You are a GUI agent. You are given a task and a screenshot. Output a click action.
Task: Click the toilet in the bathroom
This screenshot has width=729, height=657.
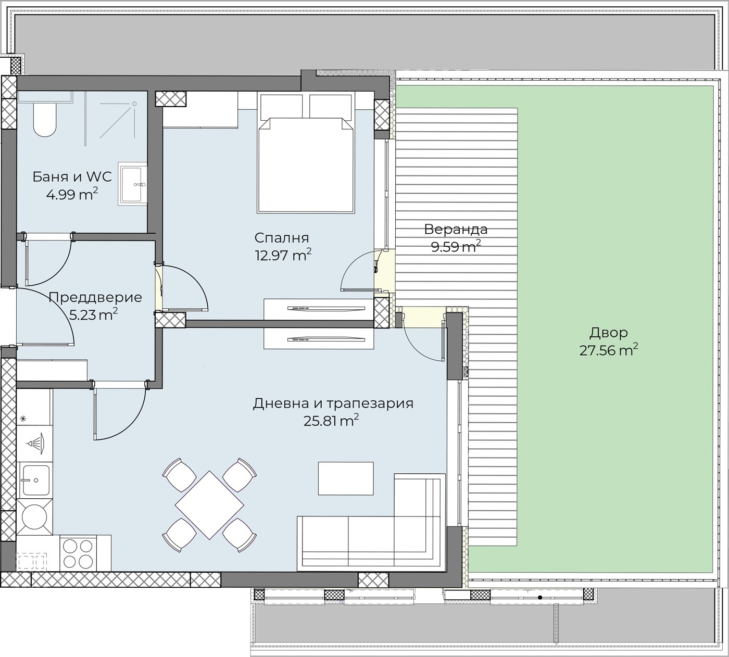(x=45, y=120)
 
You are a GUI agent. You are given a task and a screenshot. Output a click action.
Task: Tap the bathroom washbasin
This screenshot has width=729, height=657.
(x=133, y=184)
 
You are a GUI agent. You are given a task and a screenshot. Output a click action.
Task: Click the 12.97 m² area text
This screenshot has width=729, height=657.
(x=283, y=255)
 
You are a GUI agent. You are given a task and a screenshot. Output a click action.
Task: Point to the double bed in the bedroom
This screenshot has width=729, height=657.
(x=305, y=153)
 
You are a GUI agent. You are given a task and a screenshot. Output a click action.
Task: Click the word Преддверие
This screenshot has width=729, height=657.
(x=95, y=298)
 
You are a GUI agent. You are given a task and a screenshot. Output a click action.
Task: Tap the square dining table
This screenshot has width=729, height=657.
(x=209, y=505)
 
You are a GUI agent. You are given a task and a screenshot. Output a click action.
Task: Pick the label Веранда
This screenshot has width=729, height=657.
(x=456, y=230)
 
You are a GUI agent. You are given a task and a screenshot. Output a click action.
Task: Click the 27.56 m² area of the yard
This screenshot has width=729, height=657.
(x=609, y=350)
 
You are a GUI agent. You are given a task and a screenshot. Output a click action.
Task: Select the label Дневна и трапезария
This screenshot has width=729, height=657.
(x=333, y=403)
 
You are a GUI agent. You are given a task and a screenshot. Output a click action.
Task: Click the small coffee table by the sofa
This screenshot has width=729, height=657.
(x=346, y=478)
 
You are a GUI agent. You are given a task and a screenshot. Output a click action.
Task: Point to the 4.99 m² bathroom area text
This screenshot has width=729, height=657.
(x=72, y=194)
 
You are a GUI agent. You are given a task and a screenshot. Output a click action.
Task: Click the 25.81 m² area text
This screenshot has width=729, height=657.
(x=331, y=421)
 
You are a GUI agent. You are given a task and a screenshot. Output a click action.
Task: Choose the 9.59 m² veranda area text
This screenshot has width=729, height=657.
(x=456, y=246)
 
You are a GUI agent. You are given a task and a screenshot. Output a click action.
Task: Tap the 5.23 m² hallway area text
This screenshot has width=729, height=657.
(x=93, y=314)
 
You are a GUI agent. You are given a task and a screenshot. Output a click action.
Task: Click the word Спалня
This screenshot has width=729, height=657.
(x=282, y=238)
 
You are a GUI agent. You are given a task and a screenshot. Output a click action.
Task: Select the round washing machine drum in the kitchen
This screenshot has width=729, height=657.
(x=34, y=517)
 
